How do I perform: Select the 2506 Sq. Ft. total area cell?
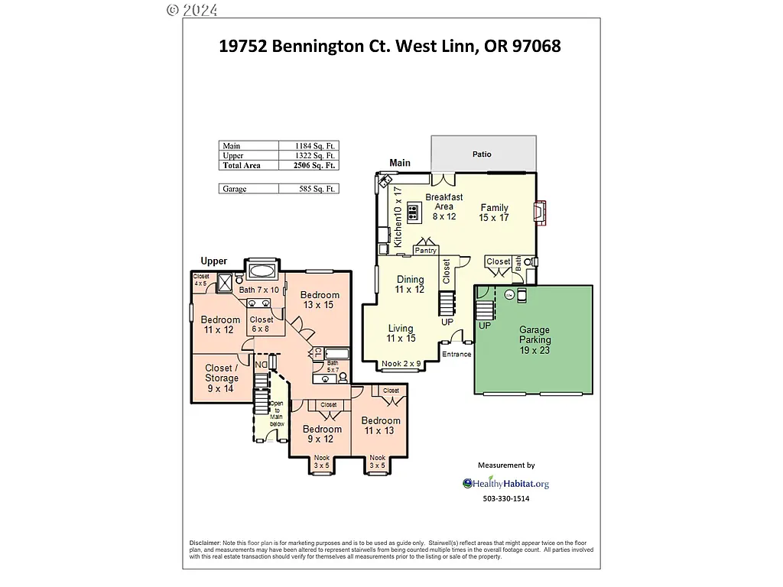pyautogui.click(x=316, y=165)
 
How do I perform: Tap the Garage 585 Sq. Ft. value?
pyautogui.click(x=316, y=189)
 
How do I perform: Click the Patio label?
pyautogui.click(x=482, y=154)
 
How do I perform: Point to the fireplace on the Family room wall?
pyautogui.click(x=540, y=213)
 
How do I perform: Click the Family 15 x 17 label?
pyautogui.click(x=494, y=212)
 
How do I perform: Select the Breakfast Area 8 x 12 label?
pyautogui.click(x=443, y=206)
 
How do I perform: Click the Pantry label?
pyautogui.click(x=425, y=251)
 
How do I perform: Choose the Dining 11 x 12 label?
pyautogui.click(x=409, y=284)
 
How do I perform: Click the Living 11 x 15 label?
pyautogui.click(x=401, y=333)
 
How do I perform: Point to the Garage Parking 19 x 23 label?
pyautogui.click(x=534, y=340)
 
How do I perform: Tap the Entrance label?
pyautogui.click(x=456, y=354)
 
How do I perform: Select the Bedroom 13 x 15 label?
pyautogui.click(x=320, y=300)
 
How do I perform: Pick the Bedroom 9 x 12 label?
pyautogui.click(x=320, y=433)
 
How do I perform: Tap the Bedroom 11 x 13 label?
pyautogui.click(x=380, y=426)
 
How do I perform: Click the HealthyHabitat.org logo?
pyautogui.click(x=505, y=483)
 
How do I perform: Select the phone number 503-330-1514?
pyautogui.click(x=505, y=499)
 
